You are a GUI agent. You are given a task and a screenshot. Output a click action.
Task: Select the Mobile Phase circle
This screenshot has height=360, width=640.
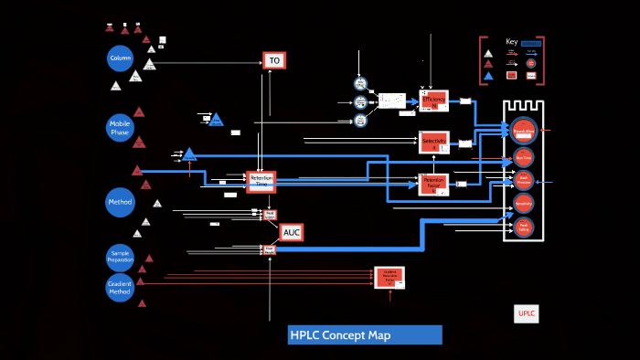(121, 126)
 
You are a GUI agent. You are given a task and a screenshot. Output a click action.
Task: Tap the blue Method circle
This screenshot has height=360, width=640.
(120, 202)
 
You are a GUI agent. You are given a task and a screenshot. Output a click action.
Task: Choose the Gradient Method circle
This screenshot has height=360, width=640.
(120, 287)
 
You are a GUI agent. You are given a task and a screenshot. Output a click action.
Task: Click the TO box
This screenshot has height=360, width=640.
(274, 60)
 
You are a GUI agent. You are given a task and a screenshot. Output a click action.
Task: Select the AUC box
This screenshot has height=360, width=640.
(292, 233)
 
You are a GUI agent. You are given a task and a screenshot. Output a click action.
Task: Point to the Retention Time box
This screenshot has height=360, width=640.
(261, 181)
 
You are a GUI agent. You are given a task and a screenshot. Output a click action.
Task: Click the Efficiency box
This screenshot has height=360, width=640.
(434, 100)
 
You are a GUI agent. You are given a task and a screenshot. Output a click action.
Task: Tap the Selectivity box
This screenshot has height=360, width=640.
(433, 142)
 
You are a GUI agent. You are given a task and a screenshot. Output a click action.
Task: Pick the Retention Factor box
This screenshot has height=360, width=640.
(433, 184)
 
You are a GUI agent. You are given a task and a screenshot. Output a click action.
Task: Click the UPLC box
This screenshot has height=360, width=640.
(527, 313)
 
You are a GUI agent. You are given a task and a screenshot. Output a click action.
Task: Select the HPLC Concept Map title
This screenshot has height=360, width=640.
(365, 335)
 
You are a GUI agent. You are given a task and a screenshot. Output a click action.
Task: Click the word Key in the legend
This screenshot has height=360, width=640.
(511, 41)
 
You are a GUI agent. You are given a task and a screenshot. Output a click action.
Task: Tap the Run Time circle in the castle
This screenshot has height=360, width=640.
(523, 157)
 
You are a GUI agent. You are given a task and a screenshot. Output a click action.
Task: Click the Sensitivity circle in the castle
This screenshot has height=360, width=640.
(523, 206)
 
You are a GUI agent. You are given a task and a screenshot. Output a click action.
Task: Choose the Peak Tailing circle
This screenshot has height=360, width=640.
(523, 228)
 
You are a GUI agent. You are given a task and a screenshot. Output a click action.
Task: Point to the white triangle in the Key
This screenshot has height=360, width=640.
(488, 53)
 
